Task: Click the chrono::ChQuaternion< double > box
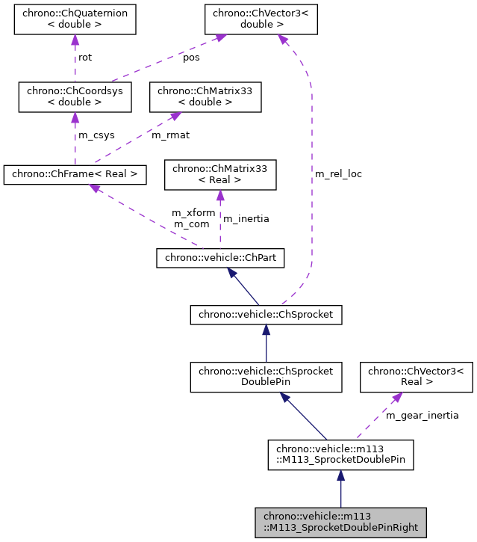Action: coord(75,19)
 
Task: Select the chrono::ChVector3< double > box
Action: coord(262,19)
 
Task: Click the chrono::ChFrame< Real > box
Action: coord(75,174)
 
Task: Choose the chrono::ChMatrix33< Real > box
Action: coord(220,174)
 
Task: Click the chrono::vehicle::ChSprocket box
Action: coord(266,315)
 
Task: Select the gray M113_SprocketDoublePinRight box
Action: coord(340,522)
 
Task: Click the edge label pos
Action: coord(192,57)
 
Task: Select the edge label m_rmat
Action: coord(170,135)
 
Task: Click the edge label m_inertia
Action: coord(246,218)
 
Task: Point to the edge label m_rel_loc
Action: coord(338,173)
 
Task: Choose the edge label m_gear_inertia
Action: coord(422,415)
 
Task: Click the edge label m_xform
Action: coord(193,213)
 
